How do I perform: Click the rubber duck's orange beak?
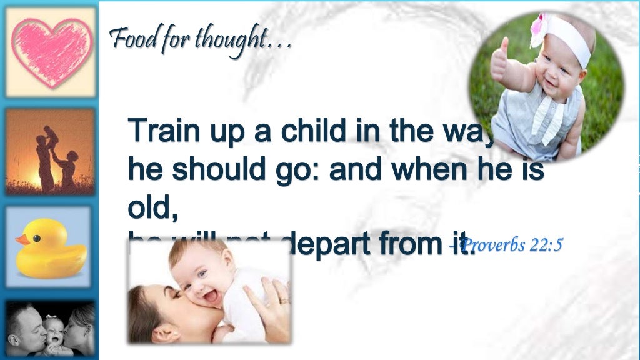[22, 239]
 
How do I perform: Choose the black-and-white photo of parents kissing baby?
[50, 329]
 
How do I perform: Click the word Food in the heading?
[128, 41]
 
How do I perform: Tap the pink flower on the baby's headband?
[538, 27]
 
